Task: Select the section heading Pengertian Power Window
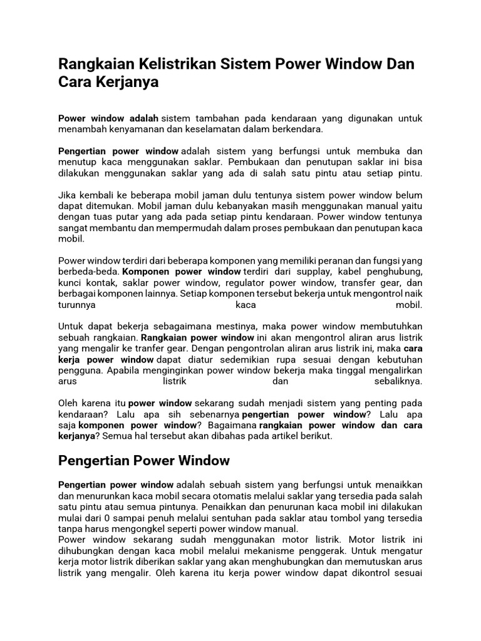click(144, 461)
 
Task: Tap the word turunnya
click(80, 305)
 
